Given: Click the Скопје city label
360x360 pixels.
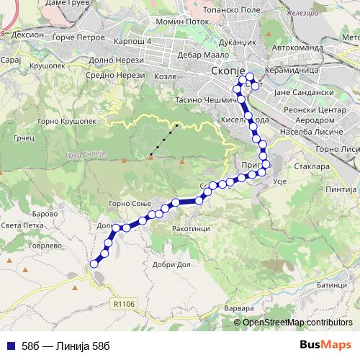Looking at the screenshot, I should [230, 72].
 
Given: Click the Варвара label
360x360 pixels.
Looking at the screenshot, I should [240, 309].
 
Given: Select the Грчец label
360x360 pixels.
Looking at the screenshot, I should [46, 137].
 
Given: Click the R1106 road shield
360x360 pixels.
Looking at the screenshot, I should [124, 305].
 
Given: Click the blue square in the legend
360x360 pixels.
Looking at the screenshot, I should [10, 345].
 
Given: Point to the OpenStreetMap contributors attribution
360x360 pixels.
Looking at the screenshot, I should [297, 323].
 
